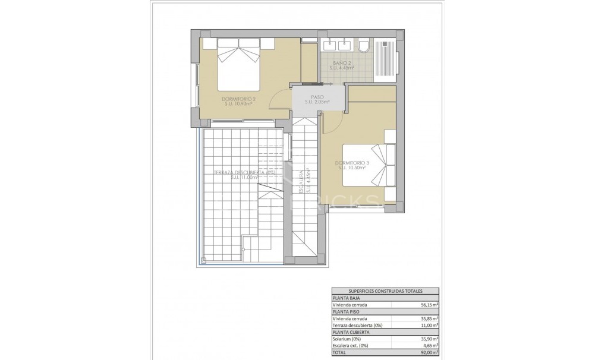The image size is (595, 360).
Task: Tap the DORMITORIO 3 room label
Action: [352, 163]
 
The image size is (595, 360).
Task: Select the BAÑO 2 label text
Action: [342, 63]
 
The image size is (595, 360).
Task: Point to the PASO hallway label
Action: [317, 97]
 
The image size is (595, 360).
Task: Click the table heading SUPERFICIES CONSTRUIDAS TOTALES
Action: [385, 292]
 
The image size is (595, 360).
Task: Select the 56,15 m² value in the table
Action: [427, 305]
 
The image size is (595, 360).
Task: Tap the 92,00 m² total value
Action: [427, 351]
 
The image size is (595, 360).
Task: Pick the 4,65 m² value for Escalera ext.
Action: [429, 345]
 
